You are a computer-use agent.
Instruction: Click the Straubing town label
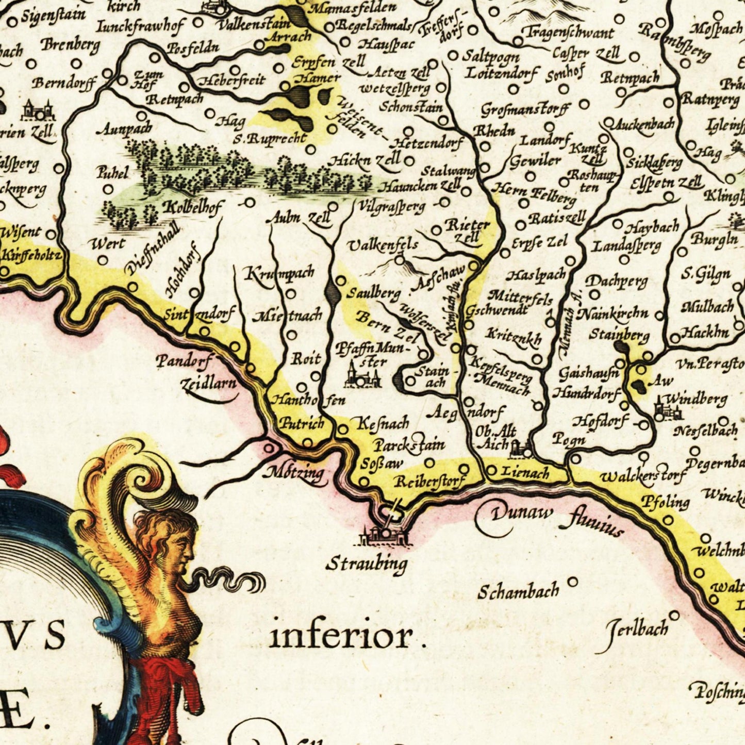click(x=367, y=564)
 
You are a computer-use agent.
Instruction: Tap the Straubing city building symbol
click(x=385, y=535)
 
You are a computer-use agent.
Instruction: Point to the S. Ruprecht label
click(x=270, y=139)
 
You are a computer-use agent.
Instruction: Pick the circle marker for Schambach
click(x=572, y=582)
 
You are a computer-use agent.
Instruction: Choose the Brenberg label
click(x=70, y=45)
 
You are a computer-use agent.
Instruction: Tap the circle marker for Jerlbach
click(x=674, y=615)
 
